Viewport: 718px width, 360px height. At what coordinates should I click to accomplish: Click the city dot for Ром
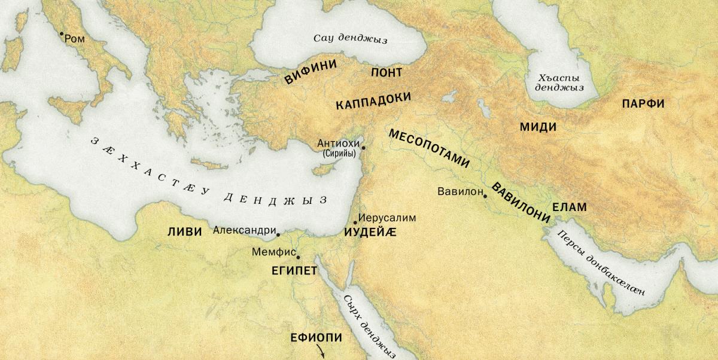click(61, 33)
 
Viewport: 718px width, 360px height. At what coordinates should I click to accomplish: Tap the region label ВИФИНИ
click(311, 71)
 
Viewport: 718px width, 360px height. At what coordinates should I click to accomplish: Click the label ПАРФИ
click(643, 103)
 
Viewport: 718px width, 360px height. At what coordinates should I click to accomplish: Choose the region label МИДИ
click(538, 127)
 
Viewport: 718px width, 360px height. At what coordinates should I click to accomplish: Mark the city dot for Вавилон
click(485, 196)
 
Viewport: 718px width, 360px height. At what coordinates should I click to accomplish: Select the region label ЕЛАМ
click(569, 208)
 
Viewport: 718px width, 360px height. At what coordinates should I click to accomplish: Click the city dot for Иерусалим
click(355, 222)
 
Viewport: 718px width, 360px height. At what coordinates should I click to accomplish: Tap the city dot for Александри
click(278, 234)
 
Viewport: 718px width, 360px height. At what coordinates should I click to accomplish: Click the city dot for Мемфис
click(298, 257)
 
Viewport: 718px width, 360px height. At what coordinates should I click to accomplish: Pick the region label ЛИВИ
click(185, 233)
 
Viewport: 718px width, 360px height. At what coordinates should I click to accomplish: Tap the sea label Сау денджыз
click(351, 39)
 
